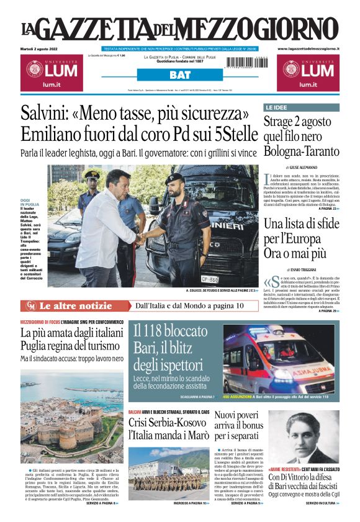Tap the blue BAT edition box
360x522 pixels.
pyautogui.click(x=180, y=75)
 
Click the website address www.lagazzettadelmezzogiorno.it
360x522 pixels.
pyautogui.click(x=308, y=48)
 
